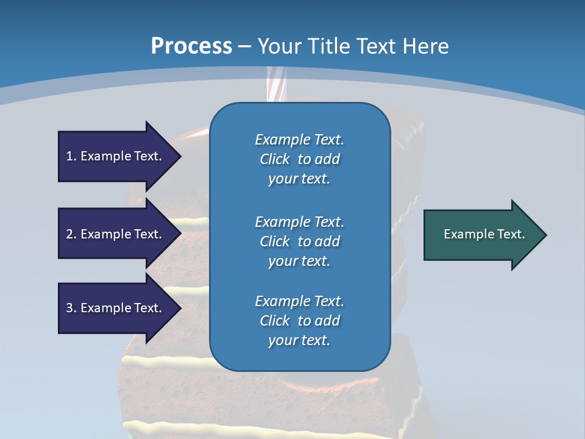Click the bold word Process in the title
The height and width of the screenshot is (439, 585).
pyautogui.click(x=191, y=46)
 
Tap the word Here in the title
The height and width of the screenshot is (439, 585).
pyautogui.click(x=425, y=46)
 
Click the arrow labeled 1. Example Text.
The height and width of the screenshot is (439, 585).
pyautogui.click(x=116, y=156)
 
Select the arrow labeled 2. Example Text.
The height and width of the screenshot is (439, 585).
pyautogui.click(x=116, y=234)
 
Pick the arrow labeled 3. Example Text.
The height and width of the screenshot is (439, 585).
pyautogui.click(x=116, y=308)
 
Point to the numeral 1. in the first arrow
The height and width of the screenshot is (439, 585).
pyautogui.click(x=71, y=156)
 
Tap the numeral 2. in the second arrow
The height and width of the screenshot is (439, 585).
pyautogui.click(x=71, y=234)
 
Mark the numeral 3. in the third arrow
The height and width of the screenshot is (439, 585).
pyautogui.click(x=71, y=308)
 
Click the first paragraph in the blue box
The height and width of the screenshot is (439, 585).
pyautogui.click(x=299, y=159)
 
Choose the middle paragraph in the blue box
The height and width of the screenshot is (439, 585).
pyautogui.click(x=299, y=241)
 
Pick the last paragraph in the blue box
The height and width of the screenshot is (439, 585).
pyautogui.click(x=299, y=321)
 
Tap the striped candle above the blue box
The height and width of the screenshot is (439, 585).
pyautogui.click(x=276, y=85)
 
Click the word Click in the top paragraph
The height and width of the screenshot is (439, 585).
pyautogui.click(x=275, y=159)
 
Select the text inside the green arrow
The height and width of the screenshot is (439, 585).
pyautogui.click(x=484, y=234)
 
